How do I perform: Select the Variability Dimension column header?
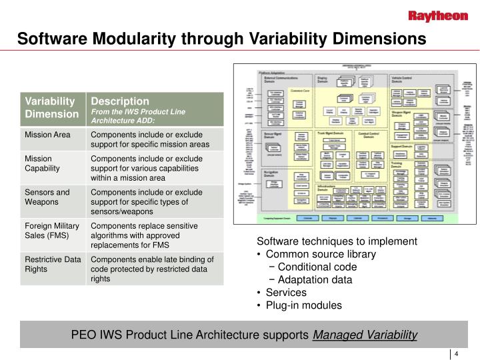point(50,107)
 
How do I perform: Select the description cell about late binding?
point(152,269)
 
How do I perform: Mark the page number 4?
point(457,355)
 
